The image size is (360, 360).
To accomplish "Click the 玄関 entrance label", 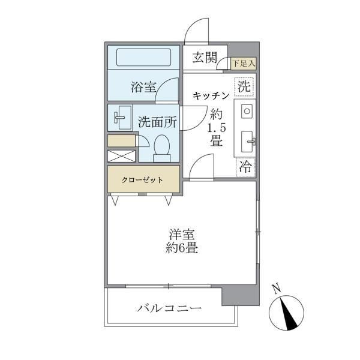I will [x=204, y=58].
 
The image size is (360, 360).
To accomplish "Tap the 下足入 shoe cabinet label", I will [x=244, y=62].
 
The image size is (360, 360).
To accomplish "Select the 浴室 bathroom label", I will [x=143, y=87].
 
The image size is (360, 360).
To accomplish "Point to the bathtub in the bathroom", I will [x=143, y=58].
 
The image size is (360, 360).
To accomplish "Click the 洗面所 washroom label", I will [x=157, y=121].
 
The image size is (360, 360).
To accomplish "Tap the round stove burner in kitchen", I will [x=247, y=111].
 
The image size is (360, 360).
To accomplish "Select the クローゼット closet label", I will [x=143, y=179].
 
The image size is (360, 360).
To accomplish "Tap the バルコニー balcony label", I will [x=169, y=309].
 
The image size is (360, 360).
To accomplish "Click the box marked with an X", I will [x=122, y=155].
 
